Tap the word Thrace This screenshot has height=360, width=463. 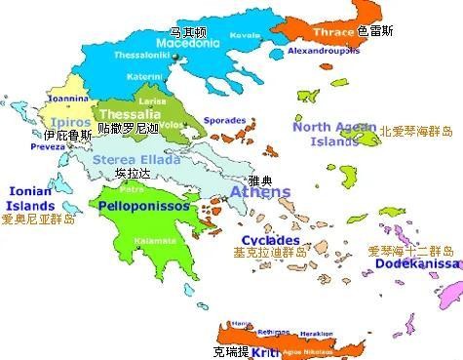(332, 32)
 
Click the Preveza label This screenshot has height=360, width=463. (44, 147)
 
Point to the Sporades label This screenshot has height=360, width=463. (224, 121)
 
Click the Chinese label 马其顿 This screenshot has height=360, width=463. (188, 31)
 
